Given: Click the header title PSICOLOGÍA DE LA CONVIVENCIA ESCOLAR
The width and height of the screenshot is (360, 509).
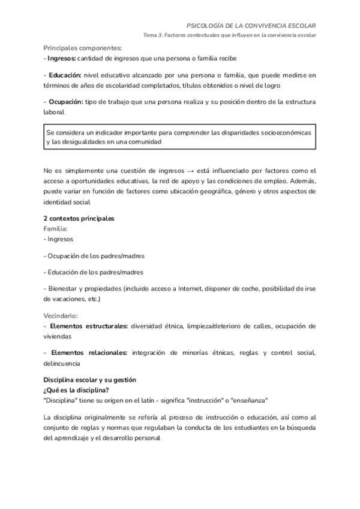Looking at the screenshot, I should pyautogui.click(x=251, y=26).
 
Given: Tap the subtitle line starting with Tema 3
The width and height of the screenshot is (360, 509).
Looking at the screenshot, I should pyautogui.click(x=229, y=35).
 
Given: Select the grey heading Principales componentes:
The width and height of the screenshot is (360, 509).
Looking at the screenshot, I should pyautogui.click(x=83, y=48).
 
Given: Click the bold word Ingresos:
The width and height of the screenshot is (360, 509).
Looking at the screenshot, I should pyautogui.click(x=61, y=58).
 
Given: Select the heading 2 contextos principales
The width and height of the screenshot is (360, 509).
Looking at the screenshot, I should pyautogui.click(x=79, y=218).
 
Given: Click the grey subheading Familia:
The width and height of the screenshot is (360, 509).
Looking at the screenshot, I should pyautogui.click(x=56, y=228).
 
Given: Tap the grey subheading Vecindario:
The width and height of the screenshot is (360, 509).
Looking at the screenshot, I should pyautogui.click(x=61, y=315).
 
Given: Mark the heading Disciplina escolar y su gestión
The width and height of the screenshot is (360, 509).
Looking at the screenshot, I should pyautogui.click(x=89, y=380).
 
